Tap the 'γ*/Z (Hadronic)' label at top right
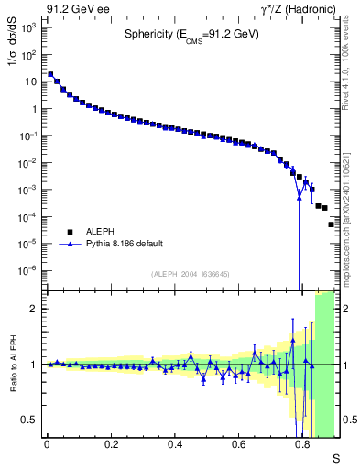point(292,8)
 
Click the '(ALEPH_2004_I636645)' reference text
point(191,273)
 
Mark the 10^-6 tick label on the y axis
point(28,271)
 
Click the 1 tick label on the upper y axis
point(34,109)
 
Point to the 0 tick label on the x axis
point(47,444)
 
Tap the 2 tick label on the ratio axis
point(34,309)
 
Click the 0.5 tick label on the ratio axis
point(29,420)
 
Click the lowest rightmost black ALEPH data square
point(332,224)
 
